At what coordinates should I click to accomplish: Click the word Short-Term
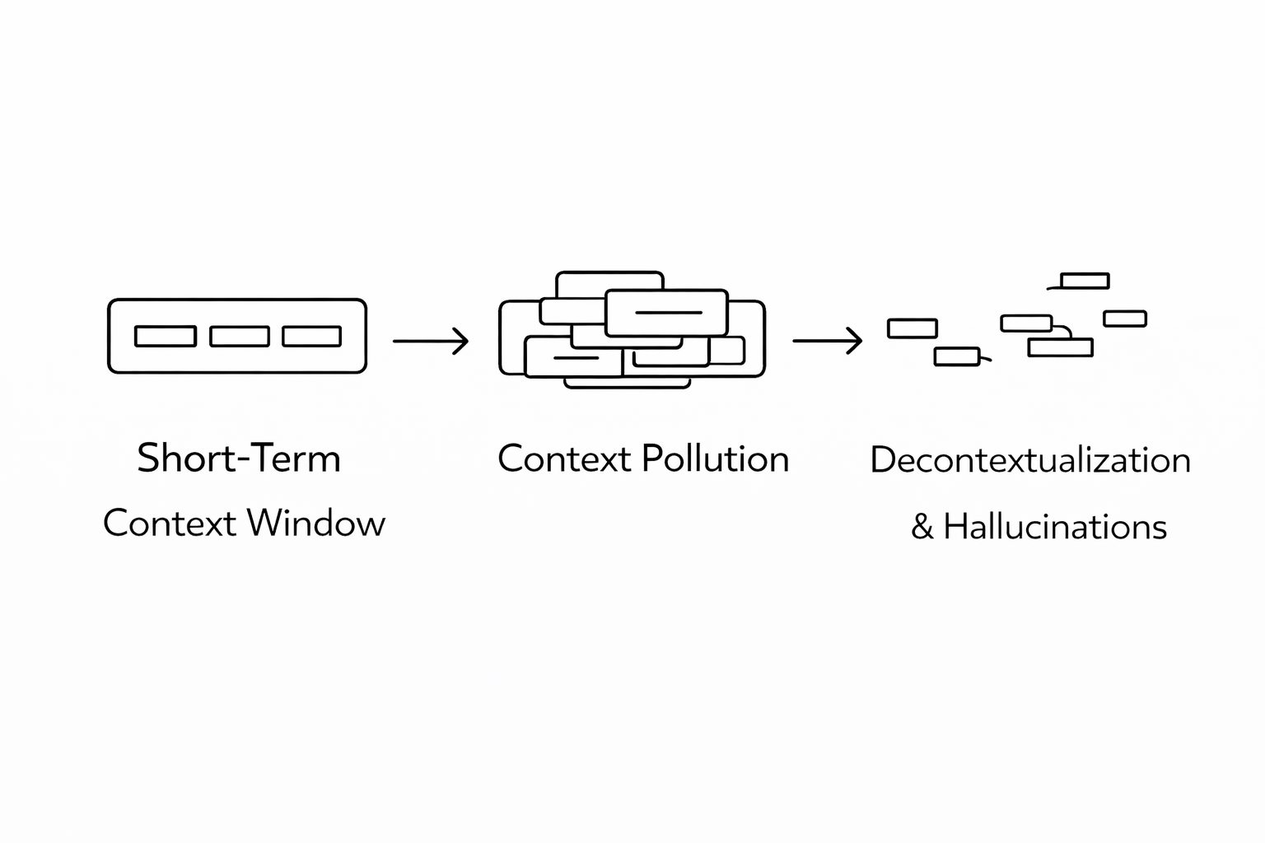[239, 459]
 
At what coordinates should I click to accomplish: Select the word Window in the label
[315, 524]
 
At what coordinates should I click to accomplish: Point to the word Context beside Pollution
[564, 459]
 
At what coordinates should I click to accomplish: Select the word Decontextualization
[1030, 460]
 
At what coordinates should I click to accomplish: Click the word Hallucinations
[1055, 527]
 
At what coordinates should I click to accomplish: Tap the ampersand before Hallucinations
[922, 528]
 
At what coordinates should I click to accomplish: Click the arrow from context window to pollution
[431, 340]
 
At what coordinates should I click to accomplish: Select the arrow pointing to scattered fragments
[828, 340]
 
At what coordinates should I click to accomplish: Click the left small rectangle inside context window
[166, 336]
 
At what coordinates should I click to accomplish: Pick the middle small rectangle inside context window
[240, 336]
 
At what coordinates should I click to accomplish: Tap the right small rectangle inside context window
[312, 336]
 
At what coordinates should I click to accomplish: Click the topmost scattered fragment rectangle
[1085, 281]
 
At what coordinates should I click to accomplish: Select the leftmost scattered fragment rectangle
[913, 328]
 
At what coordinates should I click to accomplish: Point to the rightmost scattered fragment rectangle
[1125, 319]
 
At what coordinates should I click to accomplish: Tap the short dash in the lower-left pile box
[576, 358]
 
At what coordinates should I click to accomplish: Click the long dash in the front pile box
[669, 313]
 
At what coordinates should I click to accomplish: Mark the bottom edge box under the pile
[627, 384]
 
